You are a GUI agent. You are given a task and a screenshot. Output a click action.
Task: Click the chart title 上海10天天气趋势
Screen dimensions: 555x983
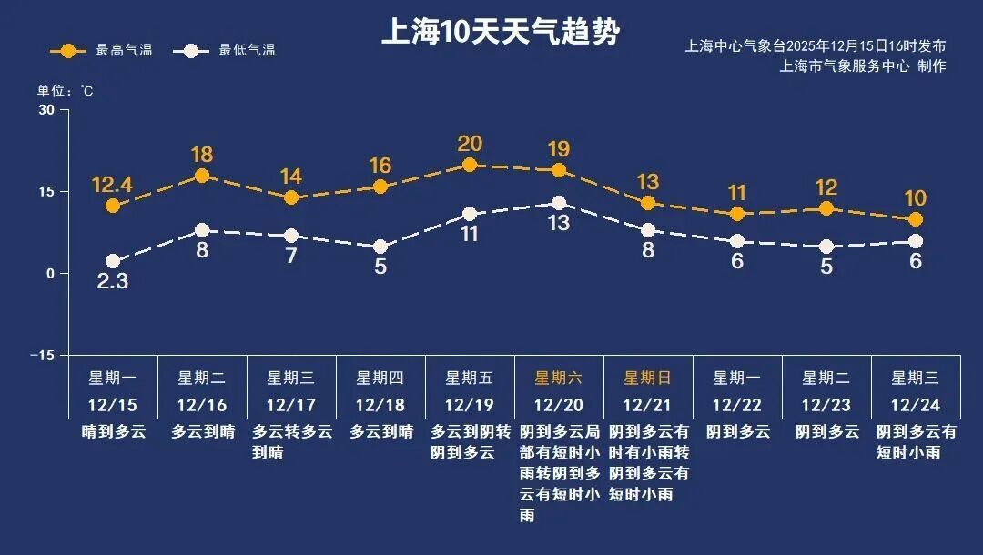click(500, 32)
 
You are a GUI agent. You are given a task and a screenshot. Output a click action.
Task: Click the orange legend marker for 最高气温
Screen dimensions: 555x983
click(67, 50)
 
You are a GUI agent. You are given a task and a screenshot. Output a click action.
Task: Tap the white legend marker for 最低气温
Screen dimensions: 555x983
click(190, 50)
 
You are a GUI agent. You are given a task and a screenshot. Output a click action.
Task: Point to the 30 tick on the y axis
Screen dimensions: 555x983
click(46, 110)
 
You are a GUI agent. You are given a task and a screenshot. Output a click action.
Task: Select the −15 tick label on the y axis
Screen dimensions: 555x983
click(42, 355)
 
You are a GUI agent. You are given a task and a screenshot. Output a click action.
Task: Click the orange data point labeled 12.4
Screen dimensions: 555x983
click(113, 206)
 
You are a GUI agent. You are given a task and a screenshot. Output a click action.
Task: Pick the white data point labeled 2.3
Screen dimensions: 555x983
click(113, 261)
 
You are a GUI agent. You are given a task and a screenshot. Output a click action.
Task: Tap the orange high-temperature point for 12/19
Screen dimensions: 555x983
click(470, 165)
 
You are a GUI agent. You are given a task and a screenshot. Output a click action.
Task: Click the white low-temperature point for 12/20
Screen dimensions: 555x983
click(559, 203)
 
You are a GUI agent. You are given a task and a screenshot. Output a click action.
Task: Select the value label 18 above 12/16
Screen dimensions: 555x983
click(202, 154)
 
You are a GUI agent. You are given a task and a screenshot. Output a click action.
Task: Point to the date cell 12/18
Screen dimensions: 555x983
click(380, 405)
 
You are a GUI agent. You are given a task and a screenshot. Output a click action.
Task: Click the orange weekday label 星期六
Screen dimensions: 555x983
click(558, 378)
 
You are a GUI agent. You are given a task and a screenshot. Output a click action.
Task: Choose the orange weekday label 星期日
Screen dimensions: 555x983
click(647, 378)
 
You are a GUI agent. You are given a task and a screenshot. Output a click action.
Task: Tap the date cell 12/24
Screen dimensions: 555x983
click(916, 405)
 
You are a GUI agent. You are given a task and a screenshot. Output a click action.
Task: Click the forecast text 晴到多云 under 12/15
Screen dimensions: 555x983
click(113, 431)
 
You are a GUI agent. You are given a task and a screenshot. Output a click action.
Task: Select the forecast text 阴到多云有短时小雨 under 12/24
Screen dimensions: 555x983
click(916, 441)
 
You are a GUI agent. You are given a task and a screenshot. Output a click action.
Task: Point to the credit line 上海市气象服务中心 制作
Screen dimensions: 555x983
click(863, 66)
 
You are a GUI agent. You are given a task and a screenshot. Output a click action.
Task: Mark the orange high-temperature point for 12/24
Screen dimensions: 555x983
click(916, 219)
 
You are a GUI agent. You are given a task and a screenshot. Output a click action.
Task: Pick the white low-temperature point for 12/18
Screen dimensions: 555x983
click(380, 247)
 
